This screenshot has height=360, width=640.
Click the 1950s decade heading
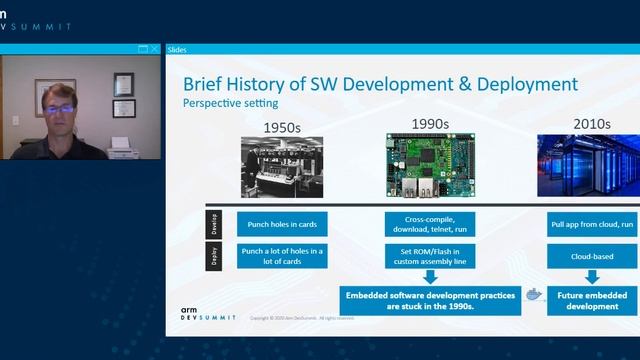281,127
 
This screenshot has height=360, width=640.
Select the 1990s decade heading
430,123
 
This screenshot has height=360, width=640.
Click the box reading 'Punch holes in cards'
281,225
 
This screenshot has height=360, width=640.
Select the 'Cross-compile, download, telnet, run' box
430,225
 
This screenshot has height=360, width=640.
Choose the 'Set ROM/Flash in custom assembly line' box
430,256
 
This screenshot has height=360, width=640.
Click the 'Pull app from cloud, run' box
593,225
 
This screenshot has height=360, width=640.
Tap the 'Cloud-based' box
593,256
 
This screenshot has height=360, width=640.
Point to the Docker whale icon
534,296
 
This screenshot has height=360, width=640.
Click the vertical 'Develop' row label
213,223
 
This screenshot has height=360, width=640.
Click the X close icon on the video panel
154,49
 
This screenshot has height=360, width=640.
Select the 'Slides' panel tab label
176,49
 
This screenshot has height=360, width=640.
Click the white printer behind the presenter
120,147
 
